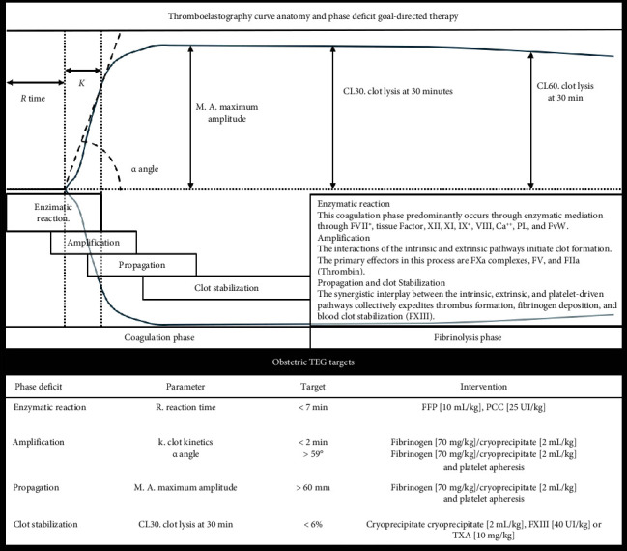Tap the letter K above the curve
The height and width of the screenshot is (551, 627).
[82, 85]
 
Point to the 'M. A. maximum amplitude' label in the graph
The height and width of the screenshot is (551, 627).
[233, 113]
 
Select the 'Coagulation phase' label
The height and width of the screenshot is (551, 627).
[157, 337]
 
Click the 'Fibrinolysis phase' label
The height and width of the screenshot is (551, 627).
[469, 337]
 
